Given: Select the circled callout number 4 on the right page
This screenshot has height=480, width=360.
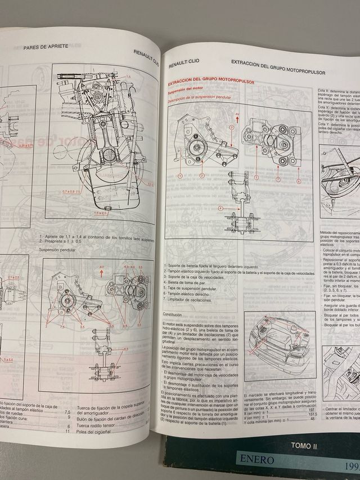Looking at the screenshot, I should point(220,208).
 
